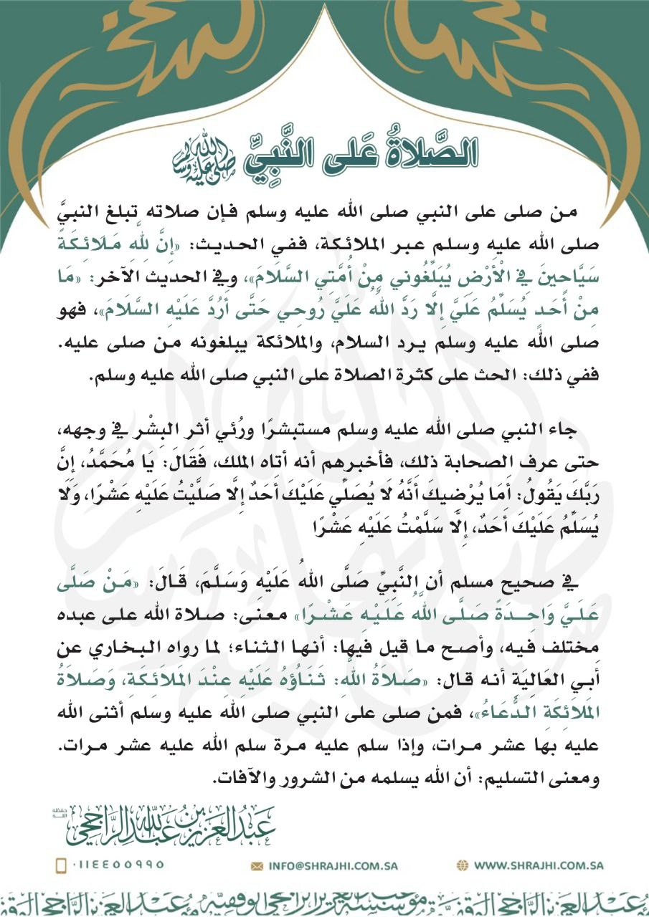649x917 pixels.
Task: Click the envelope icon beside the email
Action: pos(257,865)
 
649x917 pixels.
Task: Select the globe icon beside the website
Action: pos(463,865)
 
